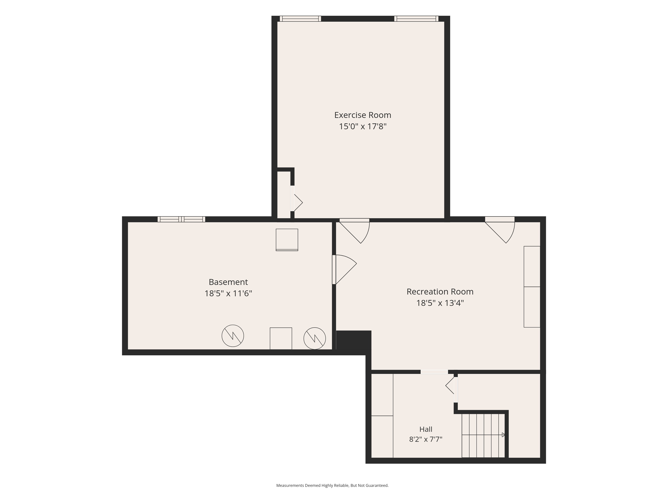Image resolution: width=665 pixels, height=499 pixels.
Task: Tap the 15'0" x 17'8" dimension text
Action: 363,126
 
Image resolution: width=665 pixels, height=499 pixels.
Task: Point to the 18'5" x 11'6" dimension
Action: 228,293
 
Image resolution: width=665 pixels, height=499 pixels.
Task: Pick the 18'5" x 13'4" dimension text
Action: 440,303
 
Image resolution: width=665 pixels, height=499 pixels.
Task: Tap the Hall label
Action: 426,429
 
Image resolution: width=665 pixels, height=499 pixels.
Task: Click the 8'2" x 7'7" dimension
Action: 426,439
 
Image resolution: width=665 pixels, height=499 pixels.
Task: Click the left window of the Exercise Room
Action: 300,19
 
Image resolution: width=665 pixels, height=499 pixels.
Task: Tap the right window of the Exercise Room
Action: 416,19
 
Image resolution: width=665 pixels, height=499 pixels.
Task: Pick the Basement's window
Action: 181,219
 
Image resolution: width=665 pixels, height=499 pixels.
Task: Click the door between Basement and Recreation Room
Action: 344,269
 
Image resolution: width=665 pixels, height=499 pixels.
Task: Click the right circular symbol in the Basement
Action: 315,338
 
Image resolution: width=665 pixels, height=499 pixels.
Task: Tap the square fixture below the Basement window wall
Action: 287,240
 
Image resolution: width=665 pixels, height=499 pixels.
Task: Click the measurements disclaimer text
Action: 332,485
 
